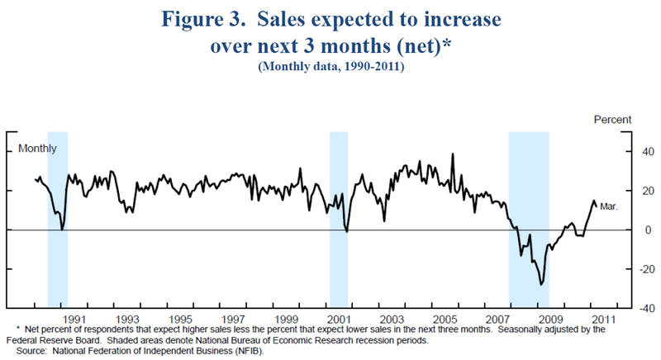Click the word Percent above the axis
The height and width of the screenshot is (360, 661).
tap(612, 121)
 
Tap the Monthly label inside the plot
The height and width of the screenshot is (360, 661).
tap(38, 149)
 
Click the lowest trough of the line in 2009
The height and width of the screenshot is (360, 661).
tap(541, 284)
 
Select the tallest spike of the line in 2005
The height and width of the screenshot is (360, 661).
tap(452, 154)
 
